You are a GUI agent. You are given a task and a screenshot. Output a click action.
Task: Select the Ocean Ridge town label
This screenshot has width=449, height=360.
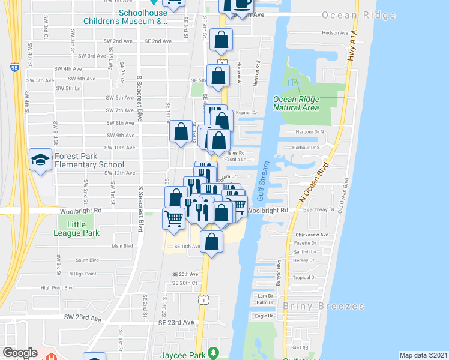pyautogui.click(x=358, y=15)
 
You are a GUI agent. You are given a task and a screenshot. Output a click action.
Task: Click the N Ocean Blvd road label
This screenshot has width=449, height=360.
pyautogui.click(x=314, y=180)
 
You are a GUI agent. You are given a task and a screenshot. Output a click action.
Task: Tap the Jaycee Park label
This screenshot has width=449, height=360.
pyautogui.click(x=179, y=355)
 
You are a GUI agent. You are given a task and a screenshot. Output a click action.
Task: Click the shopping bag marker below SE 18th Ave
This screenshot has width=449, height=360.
pyautogui.click(x=212, y=242)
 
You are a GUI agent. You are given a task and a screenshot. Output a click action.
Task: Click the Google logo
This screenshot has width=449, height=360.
pyautogui.click(x=20, y=353)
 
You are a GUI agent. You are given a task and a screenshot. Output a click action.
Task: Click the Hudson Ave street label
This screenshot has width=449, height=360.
pyautogui.click(x=335, y=33)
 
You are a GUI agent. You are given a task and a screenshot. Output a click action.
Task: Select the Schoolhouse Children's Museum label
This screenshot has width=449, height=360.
pyautogui.click(x=142, y=17)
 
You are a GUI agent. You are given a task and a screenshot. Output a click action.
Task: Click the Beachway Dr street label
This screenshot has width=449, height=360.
pyautogui.click(x=319, y=210)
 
